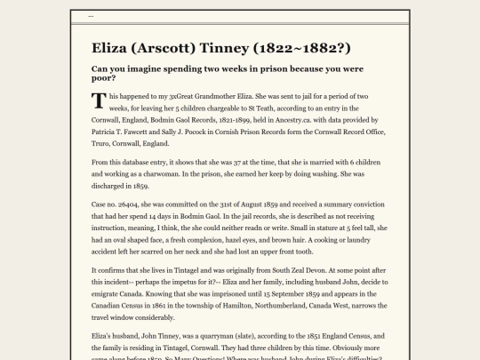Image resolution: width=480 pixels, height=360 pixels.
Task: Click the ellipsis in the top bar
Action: click(92, 16)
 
